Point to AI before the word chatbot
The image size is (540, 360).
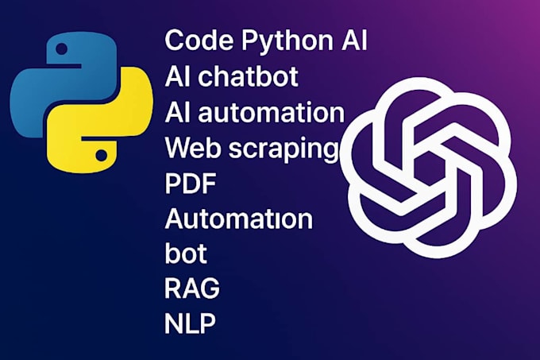tap(177, 78)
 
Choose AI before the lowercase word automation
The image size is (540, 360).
tap(177, 113)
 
